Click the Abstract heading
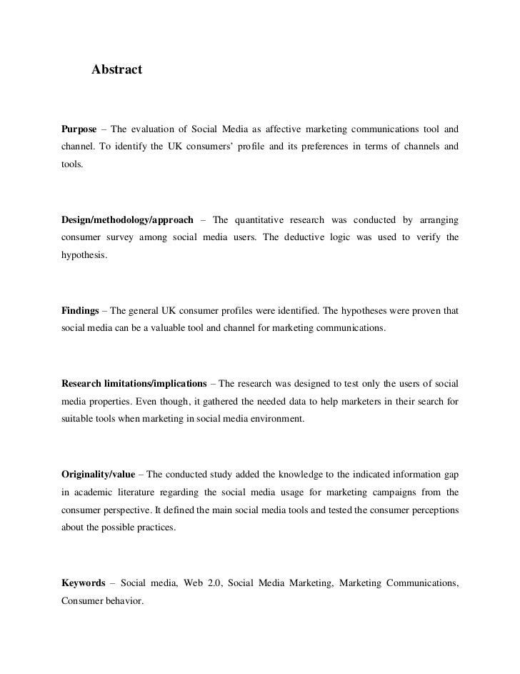[x=116, y=69]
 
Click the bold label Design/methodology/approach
[x=127, y=219]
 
